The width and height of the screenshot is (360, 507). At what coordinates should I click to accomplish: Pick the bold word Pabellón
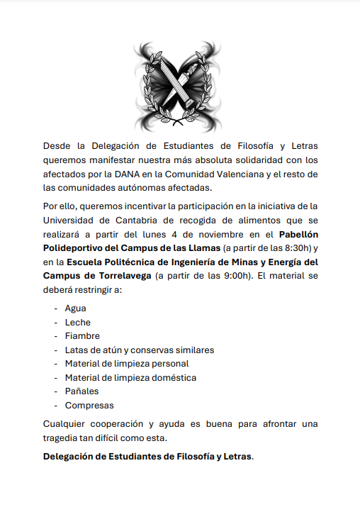click(298, 233)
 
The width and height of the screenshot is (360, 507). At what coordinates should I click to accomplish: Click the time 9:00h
click(235, 275)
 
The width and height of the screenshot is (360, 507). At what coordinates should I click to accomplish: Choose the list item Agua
click(75, 308)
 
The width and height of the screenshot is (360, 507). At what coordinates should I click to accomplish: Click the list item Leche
click(77, 322)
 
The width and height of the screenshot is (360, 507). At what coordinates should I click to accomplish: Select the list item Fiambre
click(82, 336)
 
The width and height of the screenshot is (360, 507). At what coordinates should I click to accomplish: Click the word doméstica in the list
click(172, 377)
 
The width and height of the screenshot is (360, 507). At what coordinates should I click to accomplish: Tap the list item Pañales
click(81, 391)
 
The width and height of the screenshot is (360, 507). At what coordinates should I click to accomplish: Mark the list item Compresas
click(89, 406)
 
